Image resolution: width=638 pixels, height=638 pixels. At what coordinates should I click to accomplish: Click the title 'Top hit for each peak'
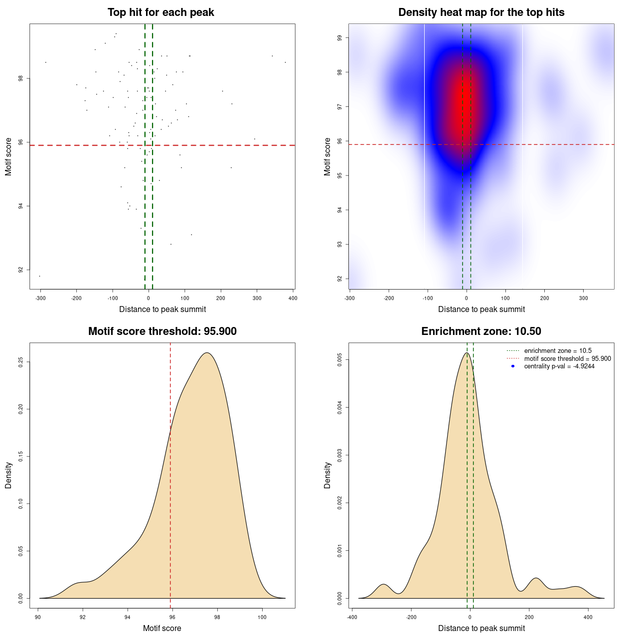click(160, 12)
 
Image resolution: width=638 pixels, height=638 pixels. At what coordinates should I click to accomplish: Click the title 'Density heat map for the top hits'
click(481, 12)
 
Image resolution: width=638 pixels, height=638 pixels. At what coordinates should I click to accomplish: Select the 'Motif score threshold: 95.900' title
click(162, 331)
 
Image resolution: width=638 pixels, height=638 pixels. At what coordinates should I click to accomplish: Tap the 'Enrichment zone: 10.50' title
click(481, 331)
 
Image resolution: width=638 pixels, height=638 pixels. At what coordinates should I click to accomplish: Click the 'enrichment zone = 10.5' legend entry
click(558, 351)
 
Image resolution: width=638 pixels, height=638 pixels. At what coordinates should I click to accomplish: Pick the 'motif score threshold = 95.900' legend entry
click(567, 359)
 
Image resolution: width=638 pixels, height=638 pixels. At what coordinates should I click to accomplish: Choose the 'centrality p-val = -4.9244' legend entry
click(559, 366)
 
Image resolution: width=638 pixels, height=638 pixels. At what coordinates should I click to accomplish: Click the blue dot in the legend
click(513, 366)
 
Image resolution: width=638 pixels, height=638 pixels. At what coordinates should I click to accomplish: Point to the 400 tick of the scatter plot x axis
click(293, 298)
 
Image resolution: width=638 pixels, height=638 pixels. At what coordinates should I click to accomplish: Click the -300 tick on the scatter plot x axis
click(40, 298)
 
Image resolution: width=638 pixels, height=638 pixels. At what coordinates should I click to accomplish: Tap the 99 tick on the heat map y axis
click(340, 38)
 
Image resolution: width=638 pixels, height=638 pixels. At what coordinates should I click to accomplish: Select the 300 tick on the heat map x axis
click(584, 298)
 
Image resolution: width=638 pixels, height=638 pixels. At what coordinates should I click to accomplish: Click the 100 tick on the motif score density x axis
click(262, 617)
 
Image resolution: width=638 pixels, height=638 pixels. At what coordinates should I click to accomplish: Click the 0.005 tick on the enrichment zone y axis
click(340, 360)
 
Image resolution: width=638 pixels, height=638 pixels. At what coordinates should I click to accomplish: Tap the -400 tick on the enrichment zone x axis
click(352, 617)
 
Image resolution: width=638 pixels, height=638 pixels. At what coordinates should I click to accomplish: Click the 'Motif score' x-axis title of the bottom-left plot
click(162, 628)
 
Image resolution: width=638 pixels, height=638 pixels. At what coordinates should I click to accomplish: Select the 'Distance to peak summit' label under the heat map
click(481, 310)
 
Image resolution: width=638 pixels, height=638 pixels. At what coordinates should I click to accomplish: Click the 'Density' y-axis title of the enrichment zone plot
click(327, 475)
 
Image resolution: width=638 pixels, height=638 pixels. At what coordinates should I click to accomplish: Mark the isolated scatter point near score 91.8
click(39, 276)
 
